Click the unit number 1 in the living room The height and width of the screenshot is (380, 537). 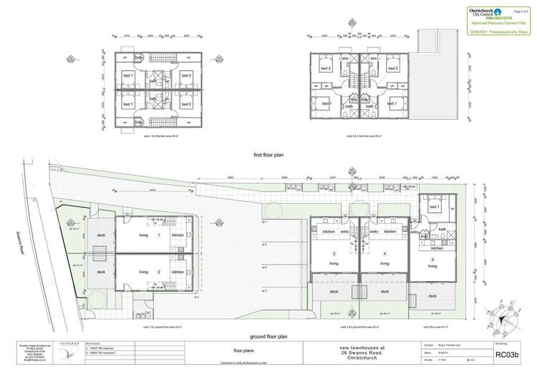[159, 235]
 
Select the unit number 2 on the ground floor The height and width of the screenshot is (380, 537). [159, 272]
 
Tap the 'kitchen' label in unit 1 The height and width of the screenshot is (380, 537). [178, 235]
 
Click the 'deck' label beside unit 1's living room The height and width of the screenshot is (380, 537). [102, 235]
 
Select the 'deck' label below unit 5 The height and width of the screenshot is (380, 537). [432, 295]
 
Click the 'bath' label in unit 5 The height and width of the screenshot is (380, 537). [442, 229]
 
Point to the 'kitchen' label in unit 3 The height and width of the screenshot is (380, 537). [329, 232]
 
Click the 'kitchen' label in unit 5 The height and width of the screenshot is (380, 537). [437, 247]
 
